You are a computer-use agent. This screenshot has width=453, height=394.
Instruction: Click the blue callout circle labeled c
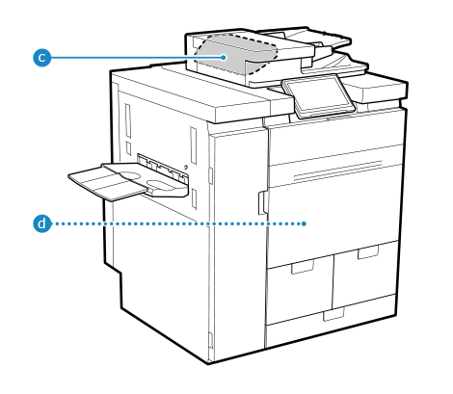[42, 58]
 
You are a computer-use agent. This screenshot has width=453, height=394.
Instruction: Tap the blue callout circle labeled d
[42, 223]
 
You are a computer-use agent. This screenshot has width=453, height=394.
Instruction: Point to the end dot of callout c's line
[224, 58]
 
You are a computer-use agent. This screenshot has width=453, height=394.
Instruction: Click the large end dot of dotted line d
[304, 223]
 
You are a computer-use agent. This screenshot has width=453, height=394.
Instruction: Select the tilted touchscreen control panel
[318, 95]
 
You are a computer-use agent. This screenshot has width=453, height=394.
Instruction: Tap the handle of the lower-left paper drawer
[303, 267]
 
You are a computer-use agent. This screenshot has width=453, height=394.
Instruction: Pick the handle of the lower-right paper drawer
[368, 251]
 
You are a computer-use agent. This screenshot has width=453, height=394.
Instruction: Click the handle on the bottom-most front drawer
[333, 314]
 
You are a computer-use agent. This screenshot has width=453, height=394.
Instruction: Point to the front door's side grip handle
[262, 203]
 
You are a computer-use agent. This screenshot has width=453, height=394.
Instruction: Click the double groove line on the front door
[338, 170]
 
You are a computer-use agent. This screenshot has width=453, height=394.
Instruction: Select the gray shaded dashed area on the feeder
[236, 54]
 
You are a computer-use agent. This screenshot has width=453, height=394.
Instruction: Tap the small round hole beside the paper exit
[186, 167]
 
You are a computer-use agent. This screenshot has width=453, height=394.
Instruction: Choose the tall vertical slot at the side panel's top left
[128, 120]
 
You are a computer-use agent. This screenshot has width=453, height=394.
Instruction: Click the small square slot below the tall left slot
[128, 148]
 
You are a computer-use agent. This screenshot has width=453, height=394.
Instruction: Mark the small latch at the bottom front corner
[211, 340]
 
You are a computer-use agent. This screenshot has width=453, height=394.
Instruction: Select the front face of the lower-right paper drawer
[364, 274]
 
